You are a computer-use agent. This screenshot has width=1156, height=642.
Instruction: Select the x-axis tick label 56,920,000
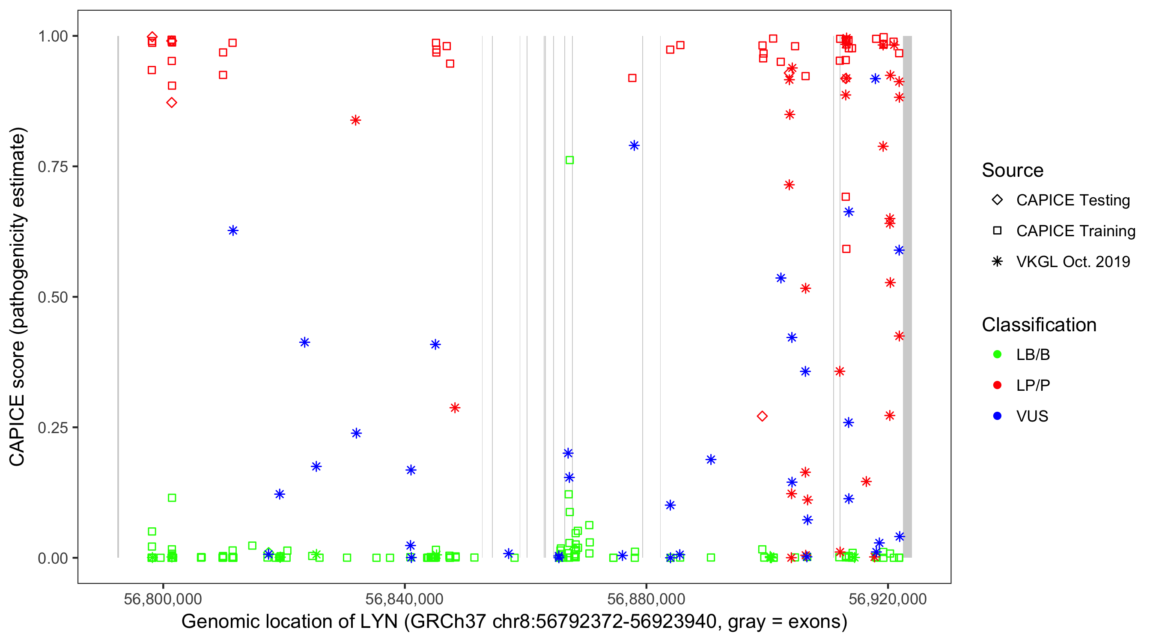(887, 599)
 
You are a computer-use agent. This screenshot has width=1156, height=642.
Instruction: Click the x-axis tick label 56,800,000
(163, 599)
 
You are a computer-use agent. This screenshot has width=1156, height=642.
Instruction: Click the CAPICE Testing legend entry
(1073, 200)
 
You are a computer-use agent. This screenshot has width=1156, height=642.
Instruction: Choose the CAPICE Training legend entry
(1075, 231)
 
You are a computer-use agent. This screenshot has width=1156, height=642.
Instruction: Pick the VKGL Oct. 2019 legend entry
(1073, 262)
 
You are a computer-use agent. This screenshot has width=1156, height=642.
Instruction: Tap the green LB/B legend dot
(997, 354)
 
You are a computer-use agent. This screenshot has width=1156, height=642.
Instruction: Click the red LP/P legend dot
(997, 385)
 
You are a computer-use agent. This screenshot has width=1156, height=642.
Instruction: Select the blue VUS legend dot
(997, 416)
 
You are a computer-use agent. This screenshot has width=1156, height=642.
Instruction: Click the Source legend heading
(1013, 170)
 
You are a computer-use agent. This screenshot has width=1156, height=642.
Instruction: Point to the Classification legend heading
(1039, 325)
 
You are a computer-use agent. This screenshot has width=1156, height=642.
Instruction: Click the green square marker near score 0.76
(569, 160)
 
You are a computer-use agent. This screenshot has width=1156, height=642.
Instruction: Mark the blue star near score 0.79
(634, 146)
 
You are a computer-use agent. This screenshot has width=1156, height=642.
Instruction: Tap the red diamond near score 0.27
(762, 416)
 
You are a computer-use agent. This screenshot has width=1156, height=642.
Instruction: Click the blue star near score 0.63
(233, 231)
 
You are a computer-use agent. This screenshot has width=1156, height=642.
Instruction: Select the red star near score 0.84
(355, 120)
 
